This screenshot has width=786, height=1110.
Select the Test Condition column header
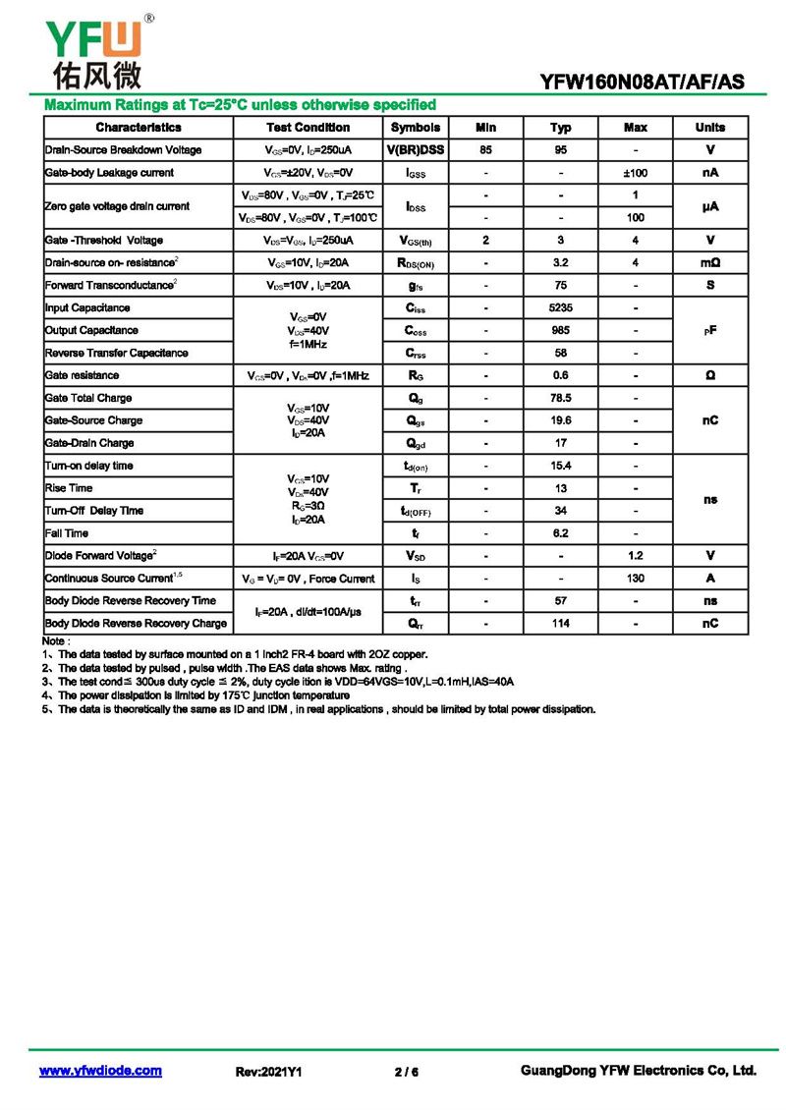click(x=308, y=128)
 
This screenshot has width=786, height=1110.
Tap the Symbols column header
click(x=416, y=128)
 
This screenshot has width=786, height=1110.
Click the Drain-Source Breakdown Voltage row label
click(x=123, y=150)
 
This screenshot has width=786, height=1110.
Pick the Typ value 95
click(x=560, y=150)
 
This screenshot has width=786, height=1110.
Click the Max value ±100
click(x=636, y=173)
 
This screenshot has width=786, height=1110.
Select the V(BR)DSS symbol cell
click(x=416, y=150)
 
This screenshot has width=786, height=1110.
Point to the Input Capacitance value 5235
click(x=560, y=308)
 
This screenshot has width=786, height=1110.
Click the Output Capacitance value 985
click(x=560, y=331)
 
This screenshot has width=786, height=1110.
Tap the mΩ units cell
click(x=709, y=263)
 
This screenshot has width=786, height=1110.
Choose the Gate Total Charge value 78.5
click(x=560, y=398)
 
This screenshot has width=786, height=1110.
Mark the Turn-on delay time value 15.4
click(x=560, y=466)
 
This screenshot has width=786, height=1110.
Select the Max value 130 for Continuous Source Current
click(x=636, y=579)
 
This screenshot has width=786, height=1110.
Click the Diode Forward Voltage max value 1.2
click(x=636, y=556)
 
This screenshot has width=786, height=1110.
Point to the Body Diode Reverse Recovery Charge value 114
click(x=560, y=624)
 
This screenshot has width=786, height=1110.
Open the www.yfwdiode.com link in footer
click(x=100, y=1071)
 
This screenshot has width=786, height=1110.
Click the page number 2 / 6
click(x=406, y=1072)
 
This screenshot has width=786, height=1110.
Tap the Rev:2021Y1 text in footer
click(x=268, y=1072)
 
